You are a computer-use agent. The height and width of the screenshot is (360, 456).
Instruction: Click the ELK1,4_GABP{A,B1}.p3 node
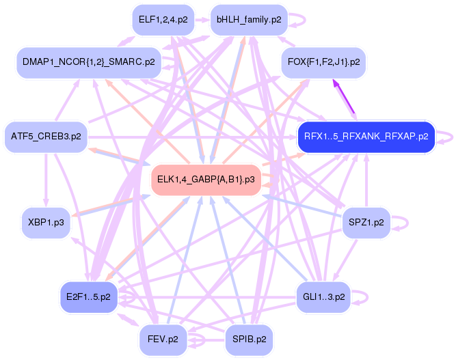[206, 180]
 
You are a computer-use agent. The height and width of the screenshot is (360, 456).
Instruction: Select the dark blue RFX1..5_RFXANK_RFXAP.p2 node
[366, 136]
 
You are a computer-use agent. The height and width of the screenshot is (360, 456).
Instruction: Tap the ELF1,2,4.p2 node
[163, 20]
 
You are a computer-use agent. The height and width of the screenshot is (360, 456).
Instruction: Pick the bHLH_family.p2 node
[249, 20]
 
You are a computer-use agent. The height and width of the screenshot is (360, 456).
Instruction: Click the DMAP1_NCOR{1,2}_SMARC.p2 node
[88, 62]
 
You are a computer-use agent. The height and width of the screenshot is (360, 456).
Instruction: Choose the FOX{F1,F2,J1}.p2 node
[323, 62]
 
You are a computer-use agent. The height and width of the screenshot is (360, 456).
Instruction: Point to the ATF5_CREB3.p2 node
[46, 136]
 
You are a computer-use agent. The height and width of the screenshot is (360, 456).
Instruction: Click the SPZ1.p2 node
[366, 223]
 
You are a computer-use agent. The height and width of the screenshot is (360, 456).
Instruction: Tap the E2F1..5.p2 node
[89, 297]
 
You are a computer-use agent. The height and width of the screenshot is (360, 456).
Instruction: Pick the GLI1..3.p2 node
[323, 297]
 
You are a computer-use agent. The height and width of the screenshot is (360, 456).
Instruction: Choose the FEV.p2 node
[163, 338]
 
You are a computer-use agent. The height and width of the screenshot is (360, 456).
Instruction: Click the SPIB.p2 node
[249, 338]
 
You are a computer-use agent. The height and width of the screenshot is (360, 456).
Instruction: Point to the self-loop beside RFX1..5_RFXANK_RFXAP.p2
[447, 136]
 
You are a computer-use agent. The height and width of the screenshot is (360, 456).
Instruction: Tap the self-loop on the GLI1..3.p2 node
[362, 297]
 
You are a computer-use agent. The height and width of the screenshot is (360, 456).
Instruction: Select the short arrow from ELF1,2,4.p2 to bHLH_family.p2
[202, 20]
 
